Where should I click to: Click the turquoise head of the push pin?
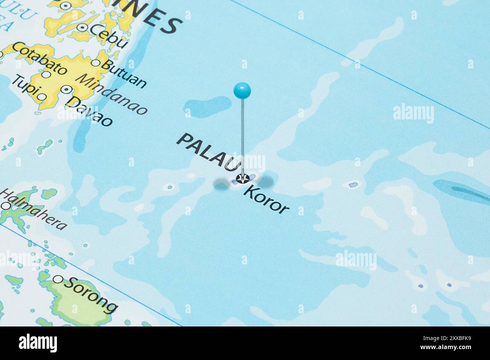242,90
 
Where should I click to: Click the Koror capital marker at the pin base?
242,178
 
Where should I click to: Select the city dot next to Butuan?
96,63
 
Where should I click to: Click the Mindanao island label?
112,94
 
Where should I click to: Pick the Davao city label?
89,111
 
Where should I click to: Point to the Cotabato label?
40,58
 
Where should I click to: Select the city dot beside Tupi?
42,97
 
